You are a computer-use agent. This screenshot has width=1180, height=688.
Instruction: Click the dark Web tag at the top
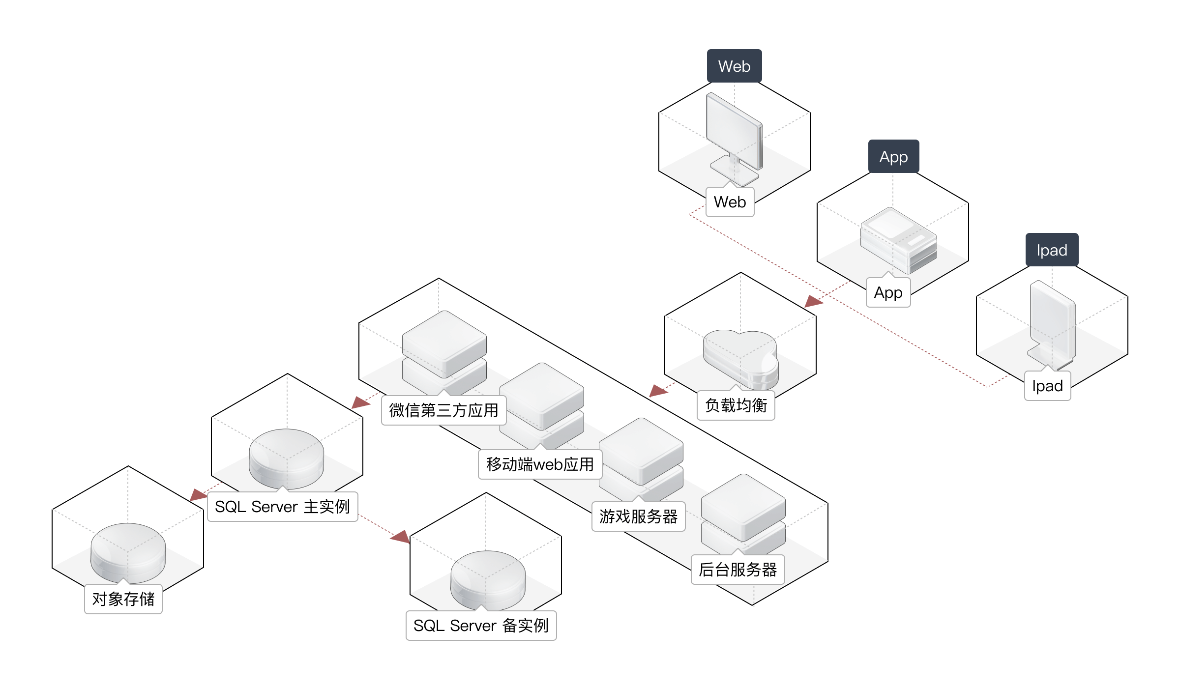coord(734,66)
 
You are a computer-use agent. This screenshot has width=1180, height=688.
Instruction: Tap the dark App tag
coord(893,157)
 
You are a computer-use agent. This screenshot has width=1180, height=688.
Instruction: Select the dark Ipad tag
coord(1052,250)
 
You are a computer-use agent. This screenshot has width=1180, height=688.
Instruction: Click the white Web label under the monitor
coord(730,202)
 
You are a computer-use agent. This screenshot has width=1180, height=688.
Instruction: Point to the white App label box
coord(888,293)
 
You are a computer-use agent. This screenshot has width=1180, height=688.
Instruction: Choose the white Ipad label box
coord(1047,386)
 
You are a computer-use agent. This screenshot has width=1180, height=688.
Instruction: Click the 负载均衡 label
coord(736,405)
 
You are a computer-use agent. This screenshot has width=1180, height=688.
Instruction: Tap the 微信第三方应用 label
coord(443,410)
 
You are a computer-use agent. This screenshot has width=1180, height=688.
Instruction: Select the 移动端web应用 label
coord(540,464)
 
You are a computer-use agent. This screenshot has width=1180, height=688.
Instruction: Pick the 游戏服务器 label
coord(638,516)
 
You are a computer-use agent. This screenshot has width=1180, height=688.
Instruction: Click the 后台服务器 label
coord(737,570)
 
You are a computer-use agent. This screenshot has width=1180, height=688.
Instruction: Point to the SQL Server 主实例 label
coord(282,507)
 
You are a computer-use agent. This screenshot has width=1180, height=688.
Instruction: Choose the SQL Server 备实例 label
coord(481,626)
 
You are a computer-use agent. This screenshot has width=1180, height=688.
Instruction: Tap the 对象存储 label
coord(123,599)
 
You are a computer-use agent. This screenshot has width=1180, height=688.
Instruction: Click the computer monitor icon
coord(734,135)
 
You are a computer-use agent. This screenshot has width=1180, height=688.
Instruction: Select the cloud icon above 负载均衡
coord(740,359)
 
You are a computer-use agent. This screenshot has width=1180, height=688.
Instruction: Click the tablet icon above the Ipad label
coord(1052,324)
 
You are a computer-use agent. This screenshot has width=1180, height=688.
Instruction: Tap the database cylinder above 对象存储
coord(128,553)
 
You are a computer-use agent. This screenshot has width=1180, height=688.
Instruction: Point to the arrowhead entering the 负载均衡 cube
coord(814,301)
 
